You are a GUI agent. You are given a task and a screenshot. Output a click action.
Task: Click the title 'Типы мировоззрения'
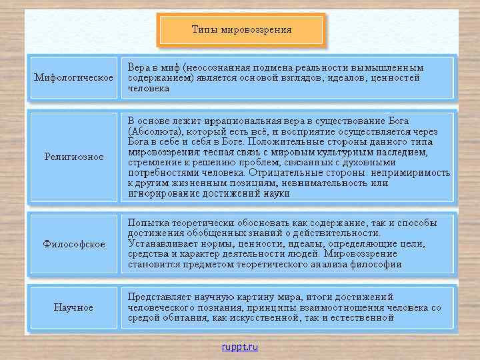(241, 29)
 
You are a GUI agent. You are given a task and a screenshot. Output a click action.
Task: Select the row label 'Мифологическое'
(74, 78)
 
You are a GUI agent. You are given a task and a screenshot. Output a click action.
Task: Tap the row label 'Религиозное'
(74, 157)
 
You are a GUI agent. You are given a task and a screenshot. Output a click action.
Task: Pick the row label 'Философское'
(74, 244)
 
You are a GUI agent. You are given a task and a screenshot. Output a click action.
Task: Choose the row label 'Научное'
(74, 307)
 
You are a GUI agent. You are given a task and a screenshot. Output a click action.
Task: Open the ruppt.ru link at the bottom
(240, 347)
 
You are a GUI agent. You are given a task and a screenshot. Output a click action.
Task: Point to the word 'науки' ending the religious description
(277, 193)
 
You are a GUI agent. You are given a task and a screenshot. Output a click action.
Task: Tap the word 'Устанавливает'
(162, 244)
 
